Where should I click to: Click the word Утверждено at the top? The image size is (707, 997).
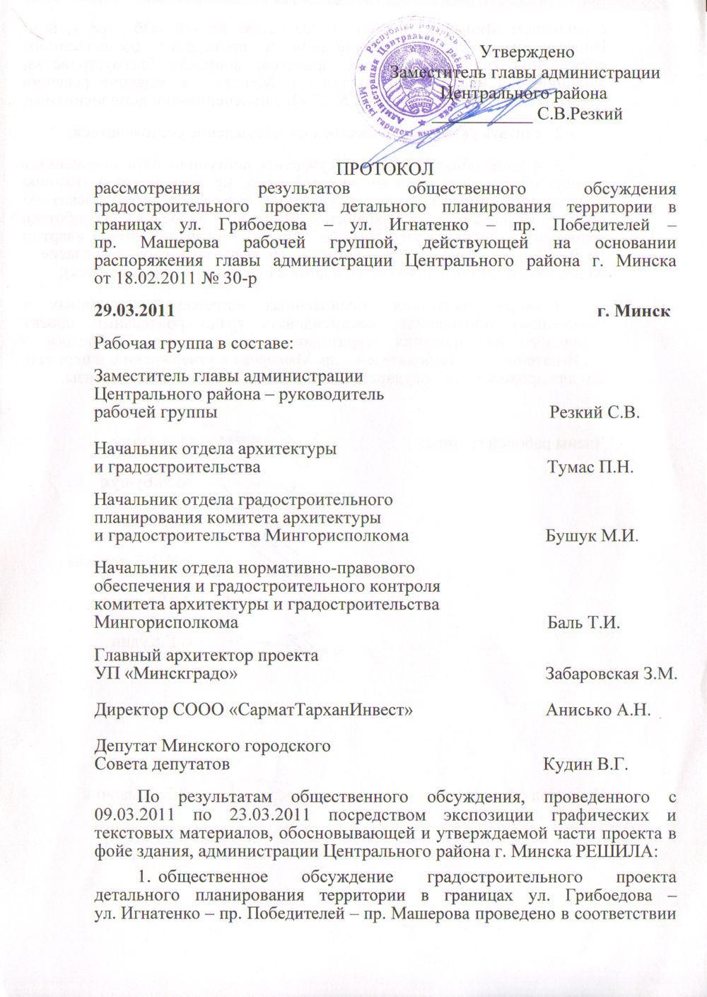pyautogui.click(x=527, y=51)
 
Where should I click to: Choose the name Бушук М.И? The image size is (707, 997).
pyautogui.click(x=592, y=535)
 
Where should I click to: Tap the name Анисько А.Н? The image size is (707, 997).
pyautogui.click(x=597, y=709)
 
